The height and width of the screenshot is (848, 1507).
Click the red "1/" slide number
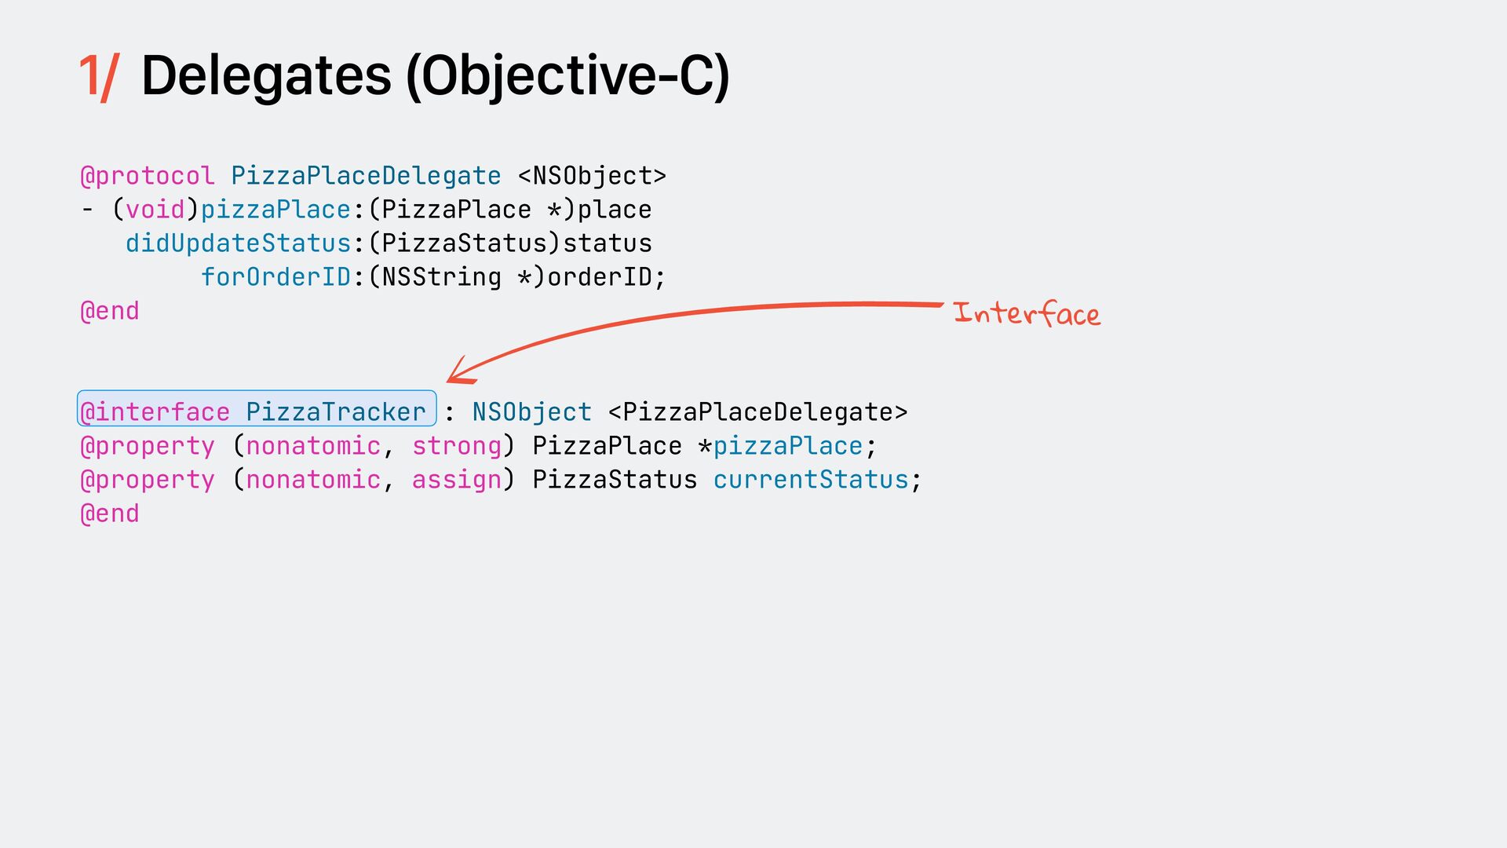[x=99, y=77]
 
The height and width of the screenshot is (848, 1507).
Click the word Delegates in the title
[x=266, y=76]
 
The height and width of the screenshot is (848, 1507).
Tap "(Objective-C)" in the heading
[x=567, y=77]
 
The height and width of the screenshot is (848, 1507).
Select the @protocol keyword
[x=148, y=176]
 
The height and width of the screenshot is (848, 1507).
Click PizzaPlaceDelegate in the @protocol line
[x=366, y=176]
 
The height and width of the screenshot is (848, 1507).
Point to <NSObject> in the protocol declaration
[x=592, y=176]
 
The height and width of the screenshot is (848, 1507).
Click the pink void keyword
[x=155, y=210]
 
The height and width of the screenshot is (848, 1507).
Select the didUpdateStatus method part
[x=238, y=243]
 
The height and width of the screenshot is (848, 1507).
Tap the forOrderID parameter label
[x=275, y=277]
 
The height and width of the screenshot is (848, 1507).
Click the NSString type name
[x=441, y=277]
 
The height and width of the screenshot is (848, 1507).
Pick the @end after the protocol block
[x=110, y=311]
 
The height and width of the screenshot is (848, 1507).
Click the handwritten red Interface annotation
[x=1027, y=314]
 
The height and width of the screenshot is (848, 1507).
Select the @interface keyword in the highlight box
[x=155, y=412]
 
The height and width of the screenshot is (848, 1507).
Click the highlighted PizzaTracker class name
[x=335, y=412]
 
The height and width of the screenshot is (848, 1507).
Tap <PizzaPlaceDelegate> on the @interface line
[x=757, y=412]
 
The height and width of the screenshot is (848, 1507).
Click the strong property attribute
[x=457, y=446]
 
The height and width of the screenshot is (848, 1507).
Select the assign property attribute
[x=457, y=480]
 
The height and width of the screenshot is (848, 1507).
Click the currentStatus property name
[x=811, y=480]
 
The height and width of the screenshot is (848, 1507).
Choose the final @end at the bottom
[x=110, y=514]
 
